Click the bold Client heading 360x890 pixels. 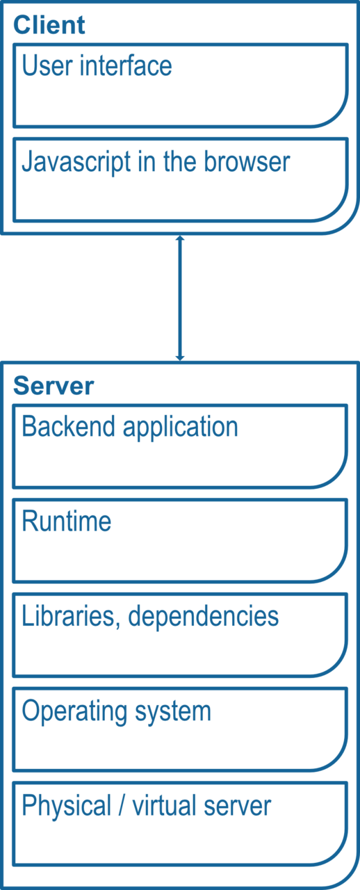[49, 25]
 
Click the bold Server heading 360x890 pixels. [54, 386]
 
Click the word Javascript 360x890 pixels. [76, 163]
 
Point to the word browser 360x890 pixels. [247, 161]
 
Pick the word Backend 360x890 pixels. [69, 426]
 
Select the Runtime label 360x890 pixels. [66, 521]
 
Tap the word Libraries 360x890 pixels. [69, 616]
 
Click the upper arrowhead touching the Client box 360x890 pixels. [180, 238]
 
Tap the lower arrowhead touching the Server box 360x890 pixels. [180, 357]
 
